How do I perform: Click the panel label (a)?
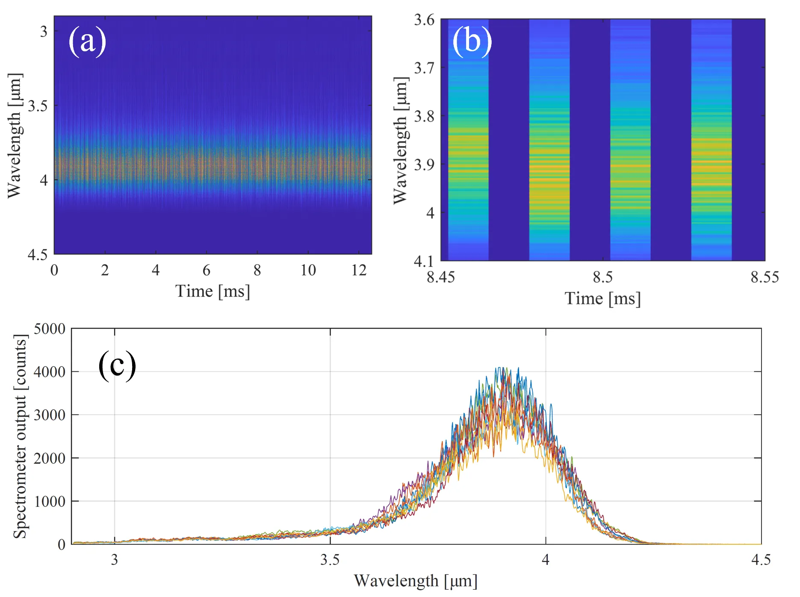pos(87,41)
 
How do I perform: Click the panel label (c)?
pos(117,365)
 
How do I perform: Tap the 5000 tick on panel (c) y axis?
pos(50,329)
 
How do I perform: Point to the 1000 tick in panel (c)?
pos(50,501)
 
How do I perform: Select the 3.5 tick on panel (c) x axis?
pos(330,560)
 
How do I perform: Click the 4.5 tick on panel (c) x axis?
pos(761,560)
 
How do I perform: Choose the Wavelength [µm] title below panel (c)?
pos(416,581)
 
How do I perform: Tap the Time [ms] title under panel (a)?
pos(212,291)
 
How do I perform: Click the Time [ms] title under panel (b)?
pos(603,299)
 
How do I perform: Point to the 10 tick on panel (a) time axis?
pos(308,270)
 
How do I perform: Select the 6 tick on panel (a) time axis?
pos(207,270)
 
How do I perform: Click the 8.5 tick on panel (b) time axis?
pos(603,277)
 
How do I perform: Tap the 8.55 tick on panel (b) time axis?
pos(764,277)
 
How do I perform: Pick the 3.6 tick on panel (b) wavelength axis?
pos(424,20)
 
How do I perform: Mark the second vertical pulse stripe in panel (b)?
pos(549,141)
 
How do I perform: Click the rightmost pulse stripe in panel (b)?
pos(711,141)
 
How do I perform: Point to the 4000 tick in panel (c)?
pos(50,372)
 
